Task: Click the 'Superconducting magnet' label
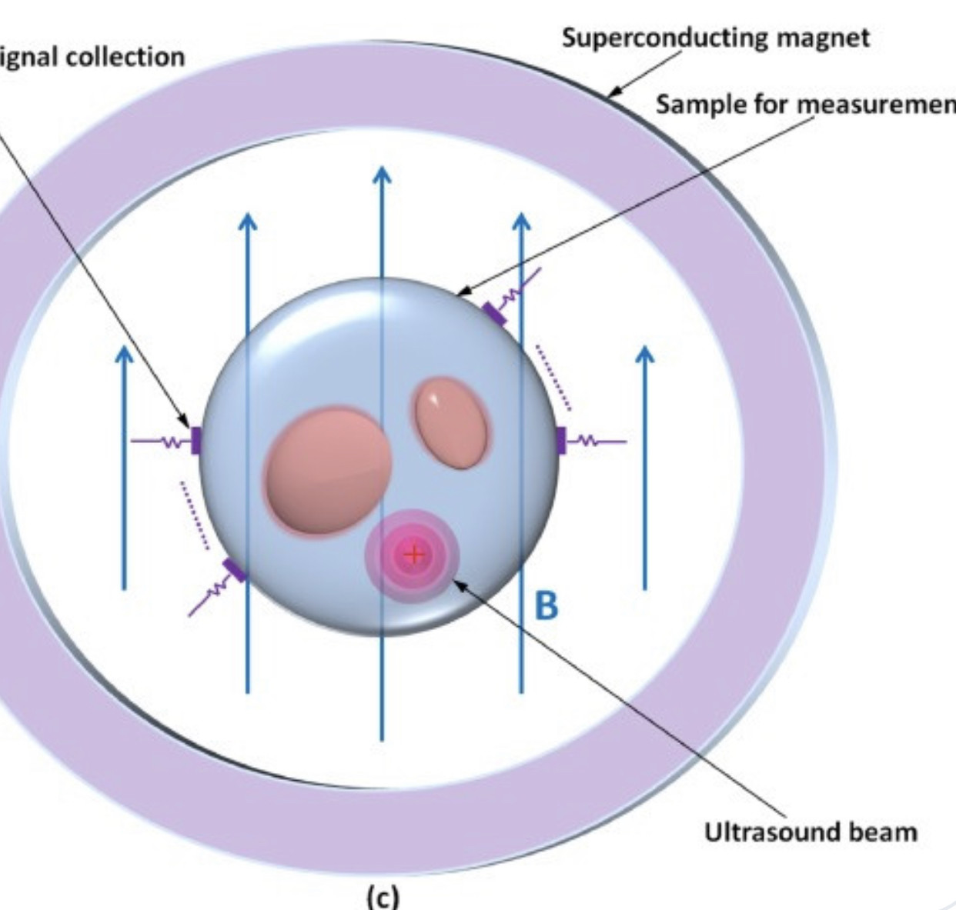pos(715,37)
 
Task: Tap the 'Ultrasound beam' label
pos(810,832)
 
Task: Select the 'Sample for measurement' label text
pos(805,105)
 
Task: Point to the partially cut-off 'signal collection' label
pos(92,56)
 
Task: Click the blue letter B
pos(546,605)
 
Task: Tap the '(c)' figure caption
pos(383,896)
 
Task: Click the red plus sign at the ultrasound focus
pos(414,554)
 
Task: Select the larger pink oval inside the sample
pos(328,470)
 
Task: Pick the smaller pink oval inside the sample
pos(452,422)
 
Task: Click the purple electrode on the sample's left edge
pos(196,441)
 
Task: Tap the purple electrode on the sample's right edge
pos(560,440)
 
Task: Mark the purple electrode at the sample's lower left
pos(234,570)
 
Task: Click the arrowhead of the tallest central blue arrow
pos(382,175)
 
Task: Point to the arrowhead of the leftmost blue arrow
pos(124,355)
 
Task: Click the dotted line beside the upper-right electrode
pos(553,376)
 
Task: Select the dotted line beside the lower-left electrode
pos(194,515)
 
